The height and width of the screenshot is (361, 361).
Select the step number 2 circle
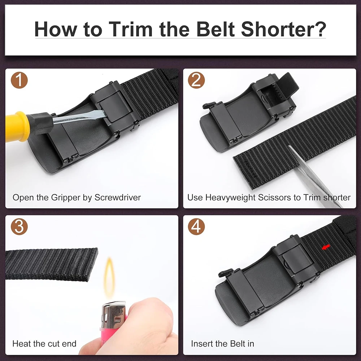(196, 80)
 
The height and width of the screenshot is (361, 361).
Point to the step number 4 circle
(196, 227)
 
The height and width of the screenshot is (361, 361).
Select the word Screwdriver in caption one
(118, 198)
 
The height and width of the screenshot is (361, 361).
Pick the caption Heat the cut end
(44, 344)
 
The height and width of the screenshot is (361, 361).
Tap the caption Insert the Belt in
(222, 344)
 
